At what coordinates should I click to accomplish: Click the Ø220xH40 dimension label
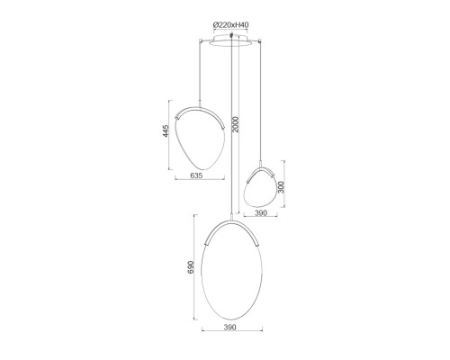click(230, 25)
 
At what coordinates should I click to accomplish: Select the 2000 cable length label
click(236, 124)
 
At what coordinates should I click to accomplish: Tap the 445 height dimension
click(166, 131)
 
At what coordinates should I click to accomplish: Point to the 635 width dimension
click(196, 175)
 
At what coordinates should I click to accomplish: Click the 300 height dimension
click(281, 187)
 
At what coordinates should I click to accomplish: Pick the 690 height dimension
click(191, 267)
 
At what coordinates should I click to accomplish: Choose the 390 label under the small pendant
click(261, 212)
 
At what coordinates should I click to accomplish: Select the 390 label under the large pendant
click(230, 327)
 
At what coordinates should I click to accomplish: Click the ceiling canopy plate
click(230, 41)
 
